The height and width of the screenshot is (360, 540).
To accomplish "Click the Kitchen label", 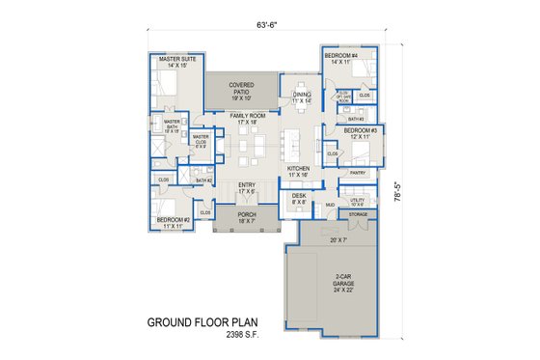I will pyautogui.click(x=298, y=171).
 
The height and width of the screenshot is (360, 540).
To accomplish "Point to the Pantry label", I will pyautogui.click(x=358, y=173).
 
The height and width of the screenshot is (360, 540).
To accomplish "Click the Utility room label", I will pyautogui.click(x=357, y=201).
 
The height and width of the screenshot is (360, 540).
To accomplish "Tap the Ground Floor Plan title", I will pyautogui.click(x=202, y=321).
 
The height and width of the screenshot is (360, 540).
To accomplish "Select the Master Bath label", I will pyautogui.click(x=172, y=125).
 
